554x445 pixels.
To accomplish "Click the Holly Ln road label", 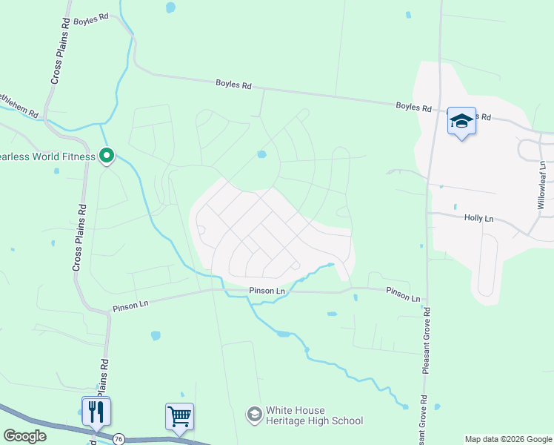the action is [x=478, y=218].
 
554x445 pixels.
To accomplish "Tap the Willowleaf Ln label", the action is [x=542, y=186].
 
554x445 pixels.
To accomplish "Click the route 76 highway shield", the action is [x=119, y=439].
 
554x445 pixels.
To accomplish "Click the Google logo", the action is [x=24, y=436].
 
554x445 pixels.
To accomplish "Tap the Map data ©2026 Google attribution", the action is [x=509, y=439].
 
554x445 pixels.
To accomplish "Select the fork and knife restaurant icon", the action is [x=96, y=410].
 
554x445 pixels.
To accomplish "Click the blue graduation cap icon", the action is [x=461, y=121].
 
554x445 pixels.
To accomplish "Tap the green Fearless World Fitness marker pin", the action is [x=107, y=156].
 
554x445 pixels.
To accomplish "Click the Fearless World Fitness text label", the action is [x=47, y=156].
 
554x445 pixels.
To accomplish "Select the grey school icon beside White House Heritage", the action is [x=254, y=414].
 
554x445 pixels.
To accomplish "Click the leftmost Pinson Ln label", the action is [x=131, y=304].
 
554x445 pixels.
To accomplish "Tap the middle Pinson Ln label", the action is [x=267, y=291].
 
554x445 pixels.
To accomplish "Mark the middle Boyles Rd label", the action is [x=233, y=85].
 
